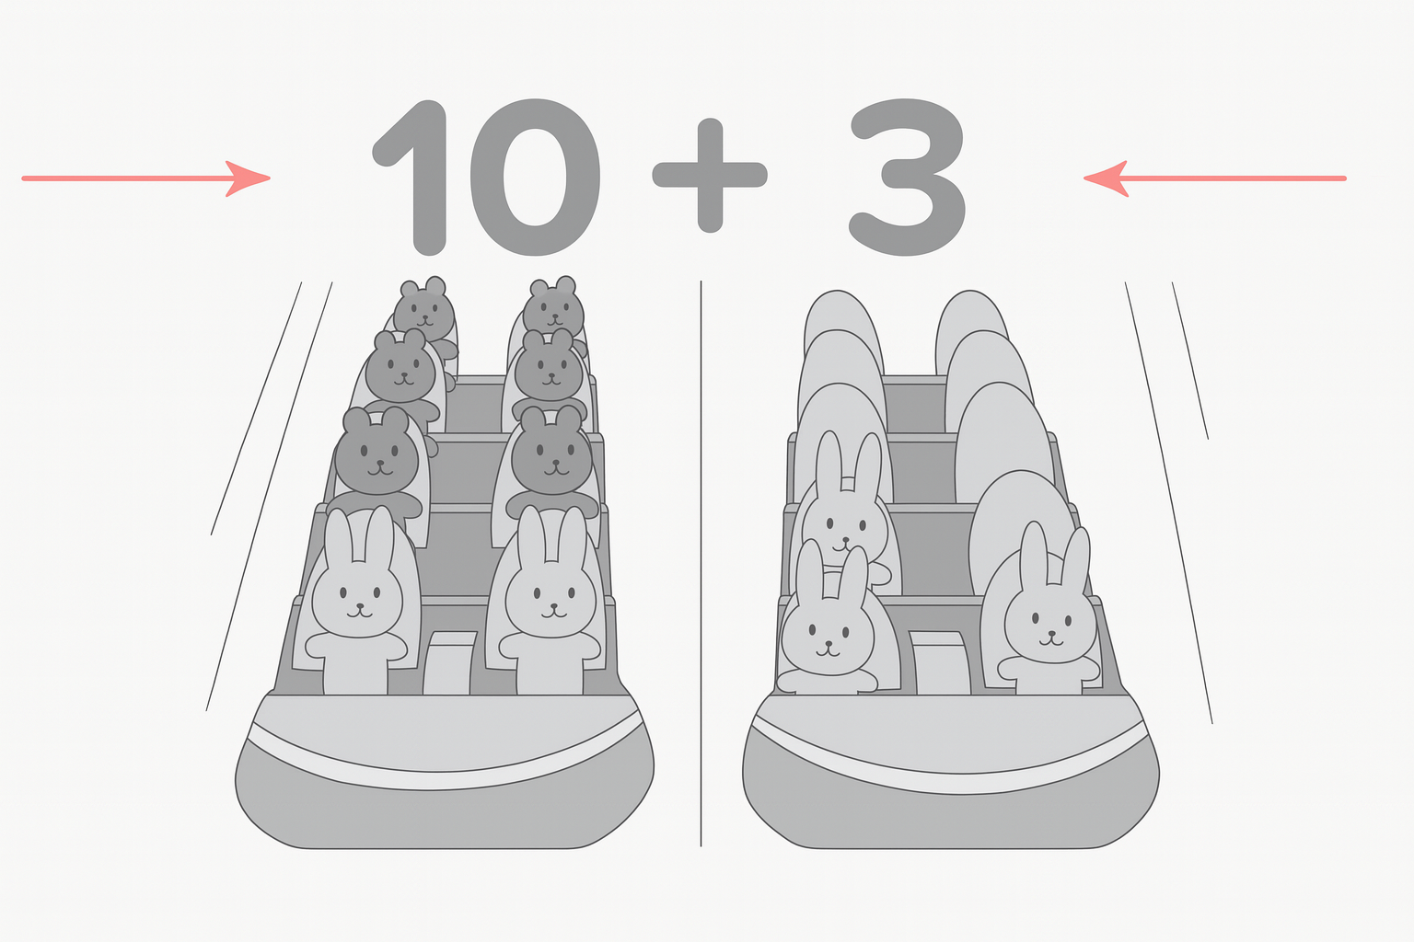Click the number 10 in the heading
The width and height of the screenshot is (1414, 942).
point(486,178)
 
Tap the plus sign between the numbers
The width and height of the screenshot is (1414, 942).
point(710,175)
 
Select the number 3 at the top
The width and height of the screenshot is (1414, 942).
point(907,178)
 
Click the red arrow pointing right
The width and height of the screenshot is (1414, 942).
point(145,178)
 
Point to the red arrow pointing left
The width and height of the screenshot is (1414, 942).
point(1214,178)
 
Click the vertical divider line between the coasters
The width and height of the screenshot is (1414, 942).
point(701,563)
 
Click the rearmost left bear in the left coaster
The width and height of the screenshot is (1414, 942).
point(424,316)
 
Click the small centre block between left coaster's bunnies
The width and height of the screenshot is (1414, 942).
point(449,662)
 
